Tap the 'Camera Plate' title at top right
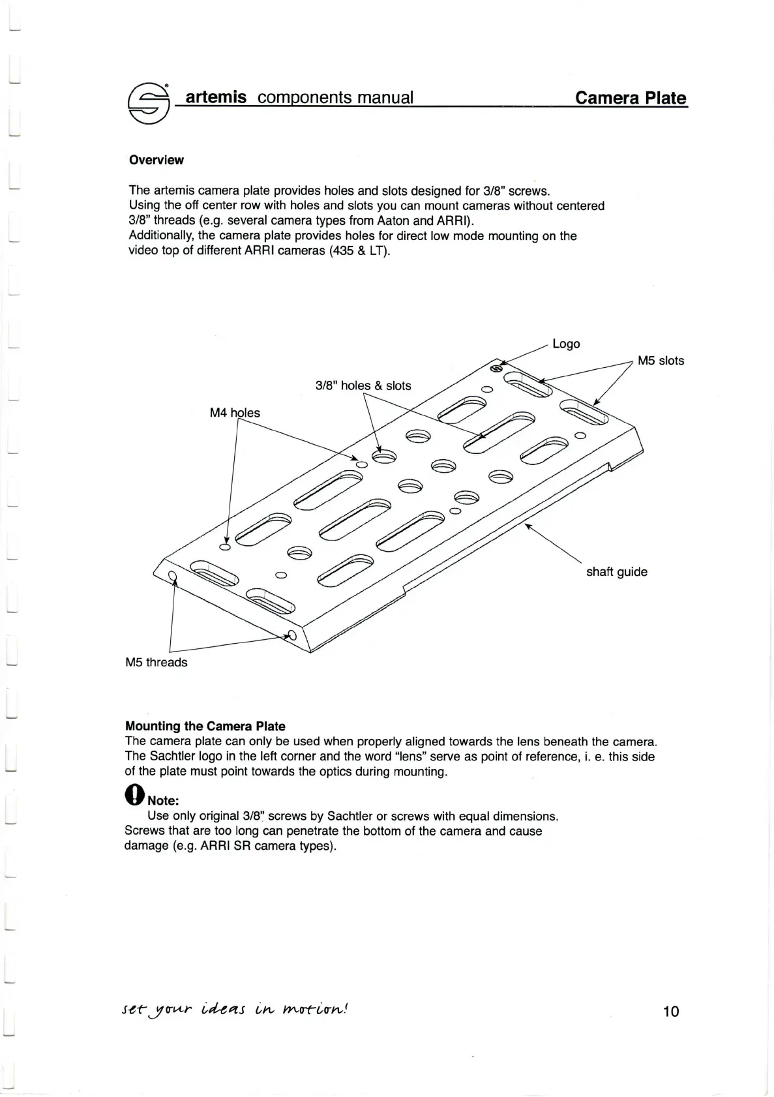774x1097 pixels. click(x=630, y=98)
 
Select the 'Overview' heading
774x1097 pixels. click(x=156, y=160)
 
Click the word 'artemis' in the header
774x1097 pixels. click(x=216, y=98)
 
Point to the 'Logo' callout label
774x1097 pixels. click(x=566, y=344)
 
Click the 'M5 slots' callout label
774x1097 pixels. click(x=661, y=361)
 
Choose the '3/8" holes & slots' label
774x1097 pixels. click(x=363, y=385)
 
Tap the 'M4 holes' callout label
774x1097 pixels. click(x=235, y=413)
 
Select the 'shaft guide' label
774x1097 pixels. click(x=616, y=572)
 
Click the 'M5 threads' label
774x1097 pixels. click(x=156, y=663)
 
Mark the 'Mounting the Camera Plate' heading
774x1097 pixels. click(x=205, y=726)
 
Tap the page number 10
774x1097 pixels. click(x=670, y=1011)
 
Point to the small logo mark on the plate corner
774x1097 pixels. click(x=496, y=368)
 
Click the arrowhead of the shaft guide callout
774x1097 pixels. click(x=528, y=526)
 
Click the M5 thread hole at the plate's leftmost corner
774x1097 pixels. click(x=172, y=575)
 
